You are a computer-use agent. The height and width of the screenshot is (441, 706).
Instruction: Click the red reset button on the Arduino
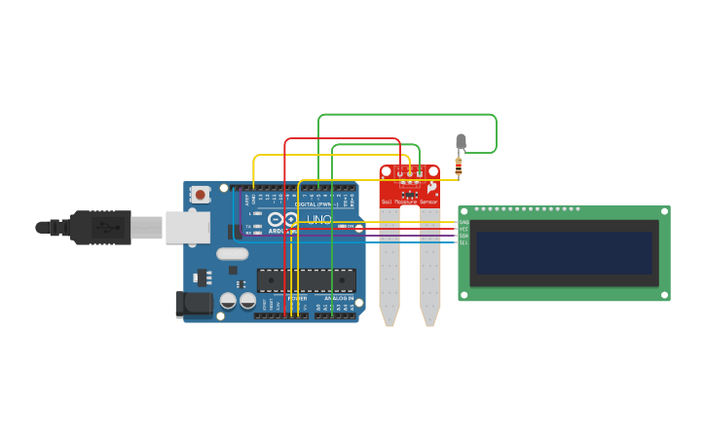pyautogui.click(x=201, y=194)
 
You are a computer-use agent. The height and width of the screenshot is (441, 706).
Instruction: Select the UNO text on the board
pyautogui.click(x=319, y=220)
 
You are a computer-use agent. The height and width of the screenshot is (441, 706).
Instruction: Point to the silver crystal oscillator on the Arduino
pyautogui.click(x=233, y=254)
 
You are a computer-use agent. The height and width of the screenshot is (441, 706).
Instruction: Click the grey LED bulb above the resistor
pyautogui.click(x=461, y=142)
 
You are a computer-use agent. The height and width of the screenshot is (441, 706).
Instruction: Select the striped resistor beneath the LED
pyautogui.click(x=459, y=166)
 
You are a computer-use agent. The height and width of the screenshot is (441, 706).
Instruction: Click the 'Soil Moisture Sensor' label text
pyautogui.click(x=410, y=202)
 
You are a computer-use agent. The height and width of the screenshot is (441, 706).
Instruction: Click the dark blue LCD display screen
pyautogui.click(x=562, y=252)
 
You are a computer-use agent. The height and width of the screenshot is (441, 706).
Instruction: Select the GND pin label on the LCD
pyautogui.click(x=464, y=223)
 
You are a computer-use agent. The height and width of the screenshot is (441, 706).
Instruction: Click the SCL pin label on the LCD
pyautogui.click(x=464, y=241)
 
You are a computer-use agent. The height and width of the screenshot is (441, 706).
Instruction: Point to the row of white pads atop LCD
pyautogui.click(x=527, y=209)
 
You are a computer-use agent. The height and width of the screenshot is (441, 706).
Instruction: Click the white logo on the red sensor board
pyautogui.click(x=431, y=187)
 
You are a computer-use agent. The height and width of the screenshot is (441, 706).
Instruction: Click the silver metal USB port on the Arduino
pyautogui.click(x=187, y=228)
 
